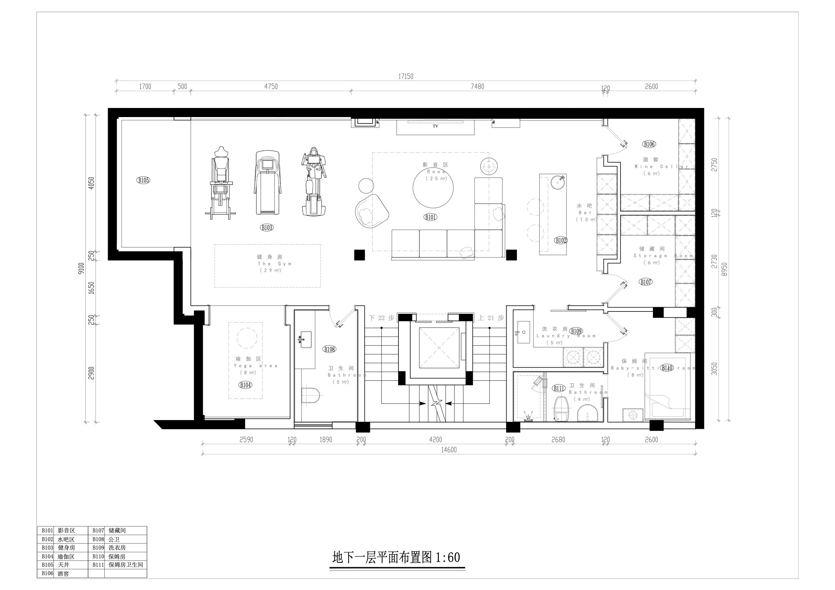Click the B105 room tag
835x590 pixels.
pyautogui.click(x=143, y=180)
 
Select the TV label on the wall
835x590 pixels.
pyautogui.click(x=435, y=126)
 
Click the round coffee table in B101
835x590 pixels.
pyautogui.click(x=433, y=188)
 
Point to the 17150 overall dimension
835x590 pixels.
pyautogui.click(x=406, y=76)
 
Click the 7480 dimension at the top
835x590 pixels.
pyautogui.click(x=477, y=86)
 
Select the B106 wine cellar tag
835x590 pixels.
pyautogui.click(x=649, y=144)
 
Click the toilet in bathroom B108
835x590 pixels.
pyautogui.click(x=310, y=395)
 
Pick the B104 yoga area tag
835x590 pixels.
pyautogui.click(x=245, y=385)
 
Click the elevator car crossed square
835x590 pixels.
pyautogui.click(x=439, y=348)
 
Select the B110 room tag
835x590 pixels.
pyautogui.click(x=667, y=368)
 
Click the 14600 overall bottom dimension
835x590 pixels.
pyautogui.click(x=449, y=450)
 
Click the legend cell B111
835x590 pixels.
pyautogui.click(x=98, y=565)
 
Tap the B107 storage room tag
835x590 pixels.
pyautogui.click(x=646, y=282)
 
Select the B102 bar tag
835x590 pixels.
pyautogui.click(x=561, y=240)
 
